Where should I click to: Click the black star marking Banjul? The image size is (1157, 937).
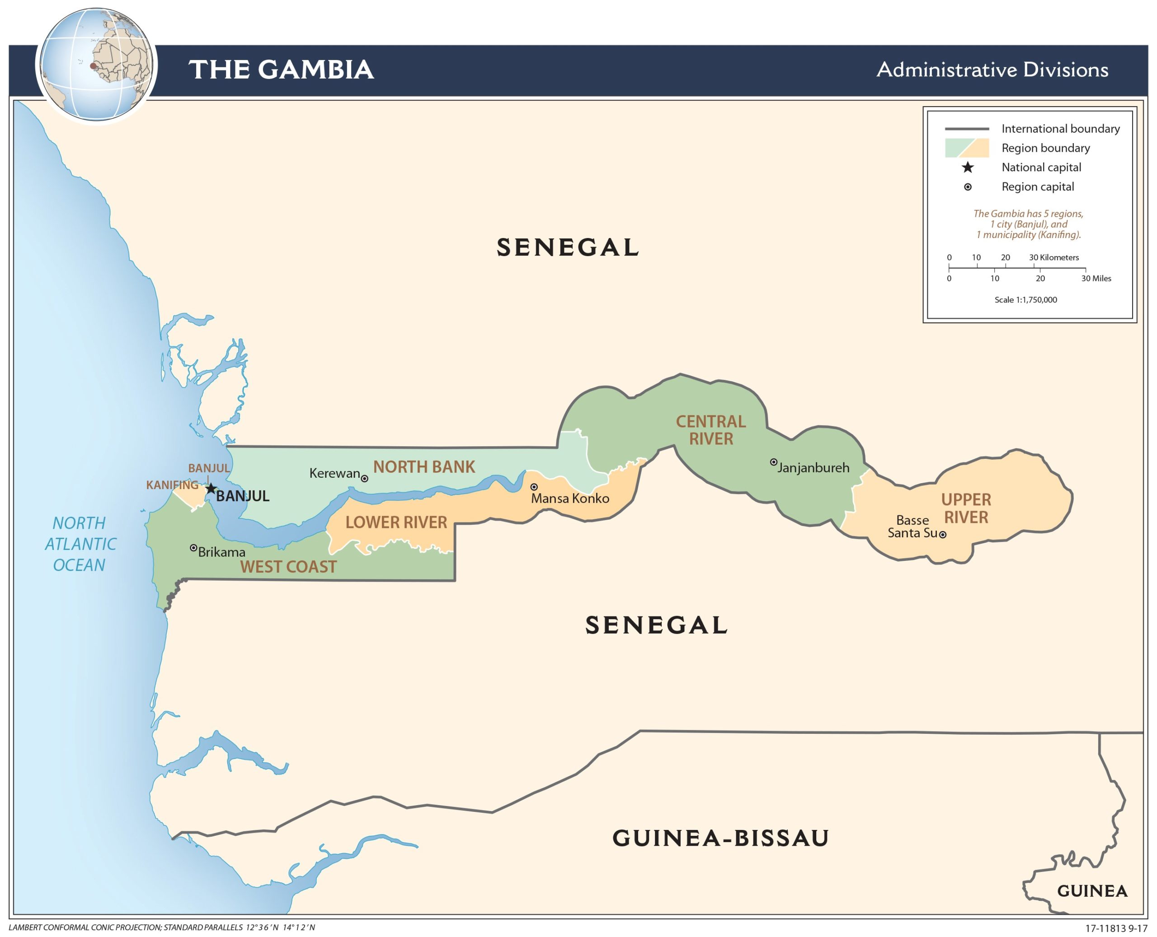coord(211,489)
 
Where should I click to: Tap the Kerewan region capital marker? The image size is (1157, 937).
coord(365,479)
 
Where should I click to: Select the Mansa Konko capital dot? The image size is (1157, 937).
coord(534,487)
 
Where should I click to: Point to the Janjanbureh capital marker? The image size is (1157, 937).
coord(773,462)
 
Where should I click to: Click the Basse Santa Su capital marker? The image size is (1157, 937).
coord(943,535)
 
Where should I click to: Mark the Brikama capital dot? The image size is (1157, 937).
coord(193,548)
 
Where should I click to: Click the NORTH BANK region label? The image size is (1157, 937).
coord(424,467)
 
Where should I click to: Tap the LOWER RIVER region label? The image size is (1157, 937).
coord(396,522)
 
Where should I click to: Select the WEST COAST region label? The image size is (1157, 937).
coord(288,567)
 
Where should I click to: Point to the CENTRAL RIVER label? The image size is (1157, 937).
coord(711,430)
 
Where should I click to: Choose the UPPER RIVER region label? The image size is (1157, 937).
coord(966,508)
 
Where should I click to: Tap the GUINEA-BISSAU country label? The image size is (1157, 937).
coord(720,838)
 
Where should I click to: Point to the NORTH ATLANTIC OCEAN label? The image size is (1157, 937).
coord(80,544)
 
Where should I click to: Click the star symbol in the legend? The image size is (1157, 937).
coord(968,168)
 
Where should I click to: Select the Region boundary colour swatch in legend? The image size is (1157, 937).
coord(966,148)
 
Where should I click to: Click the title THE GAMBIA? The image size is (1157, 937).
coord(281,70)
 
